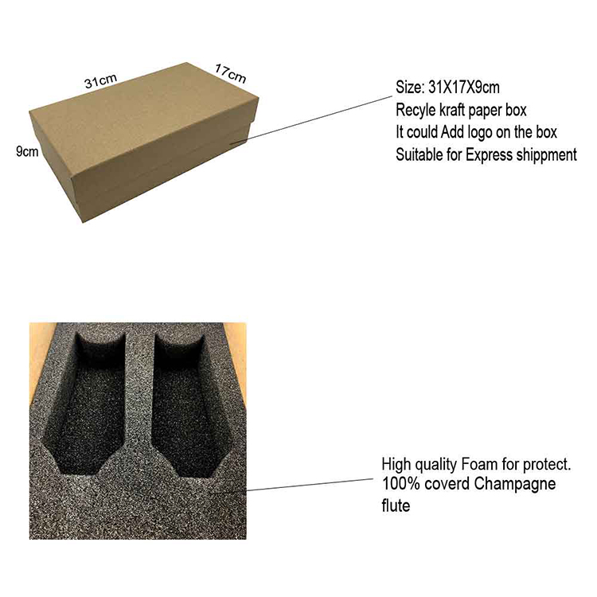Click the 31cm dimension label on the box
pos(100,80)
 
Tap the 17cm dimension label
pos(230,73)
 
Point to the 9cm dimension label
pos(27,151)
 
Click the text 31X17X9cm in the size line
pos(464,88)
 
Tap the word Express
pos(490,155)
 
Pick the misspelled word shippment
pos(546,155)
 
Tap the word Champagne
pos(515,485)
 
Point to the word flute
pos(396,505)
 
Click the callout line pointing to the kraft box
pos(310,120)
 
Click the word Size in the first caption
pos(410,88)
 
